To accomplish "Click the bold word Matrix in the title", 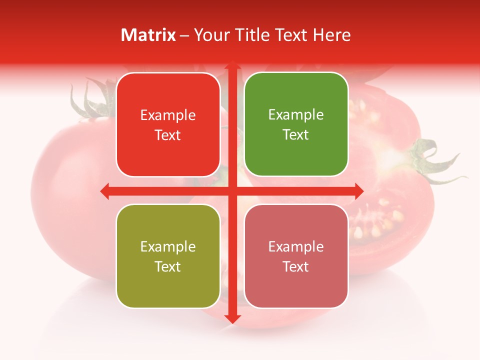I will click(x=148, y=35).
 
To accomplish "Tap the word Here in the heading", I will click(x=331, y=35).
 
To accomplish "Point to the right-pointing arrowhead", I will click(x=358, y=191).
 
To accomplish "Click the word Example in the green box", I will click(x=296, y=114).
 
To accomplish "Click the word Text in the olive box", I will click(x=167, y=266).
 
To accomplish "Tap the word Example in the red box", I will click(x=168, y=115).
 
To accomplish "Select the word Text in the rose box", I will click(x=295, y=266).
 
